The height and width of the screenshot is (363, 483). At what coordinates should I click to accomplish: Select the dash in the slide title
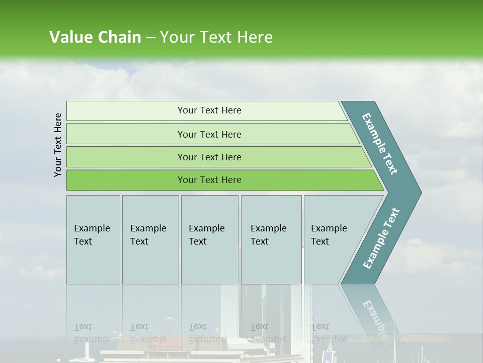[x=150, y=38]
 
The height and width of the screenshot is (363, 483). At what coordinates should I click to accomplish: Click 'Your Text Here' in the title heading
[x=216, y=37]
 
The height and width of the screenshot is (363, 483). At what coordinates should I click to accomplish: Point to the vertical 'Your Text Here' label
[x=58, y=145]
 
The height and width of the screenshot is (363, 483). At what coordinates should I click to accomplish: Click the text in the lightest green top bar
[x=209, y=110]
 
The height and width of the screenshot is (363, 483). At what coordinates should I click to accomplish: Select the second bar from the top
[x=209, y=134]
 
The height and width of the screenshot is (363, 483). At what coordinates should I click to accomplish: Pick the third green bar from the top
[x=209, y=157]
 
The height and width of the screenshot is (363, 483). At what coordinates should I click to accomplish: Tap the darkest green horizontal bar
[x=209, y=180]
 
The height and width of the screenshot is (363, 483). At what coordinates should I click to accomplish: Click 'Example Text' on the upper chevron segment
[x=380, y=144]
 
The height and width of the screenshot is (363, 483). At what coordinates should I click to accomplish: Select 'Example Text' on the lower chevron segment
[x=381, y=238]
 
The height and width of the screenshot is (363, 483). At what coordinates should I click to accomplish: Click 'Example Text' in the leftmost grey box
[x=92, y=235]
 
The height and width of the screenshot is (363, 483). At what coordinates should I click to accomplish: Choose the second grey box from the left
[x=150, y=239]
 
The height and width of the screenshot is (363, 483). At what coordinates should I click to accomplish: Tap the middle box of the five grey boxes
[x=209, y=239]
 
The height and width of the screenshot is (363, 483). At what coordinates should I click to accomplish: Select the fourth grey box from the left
[x=271, y=239]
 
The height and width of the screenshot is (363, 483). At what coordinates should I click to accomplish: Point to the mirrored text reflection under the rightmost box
[x=329, y=333]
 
